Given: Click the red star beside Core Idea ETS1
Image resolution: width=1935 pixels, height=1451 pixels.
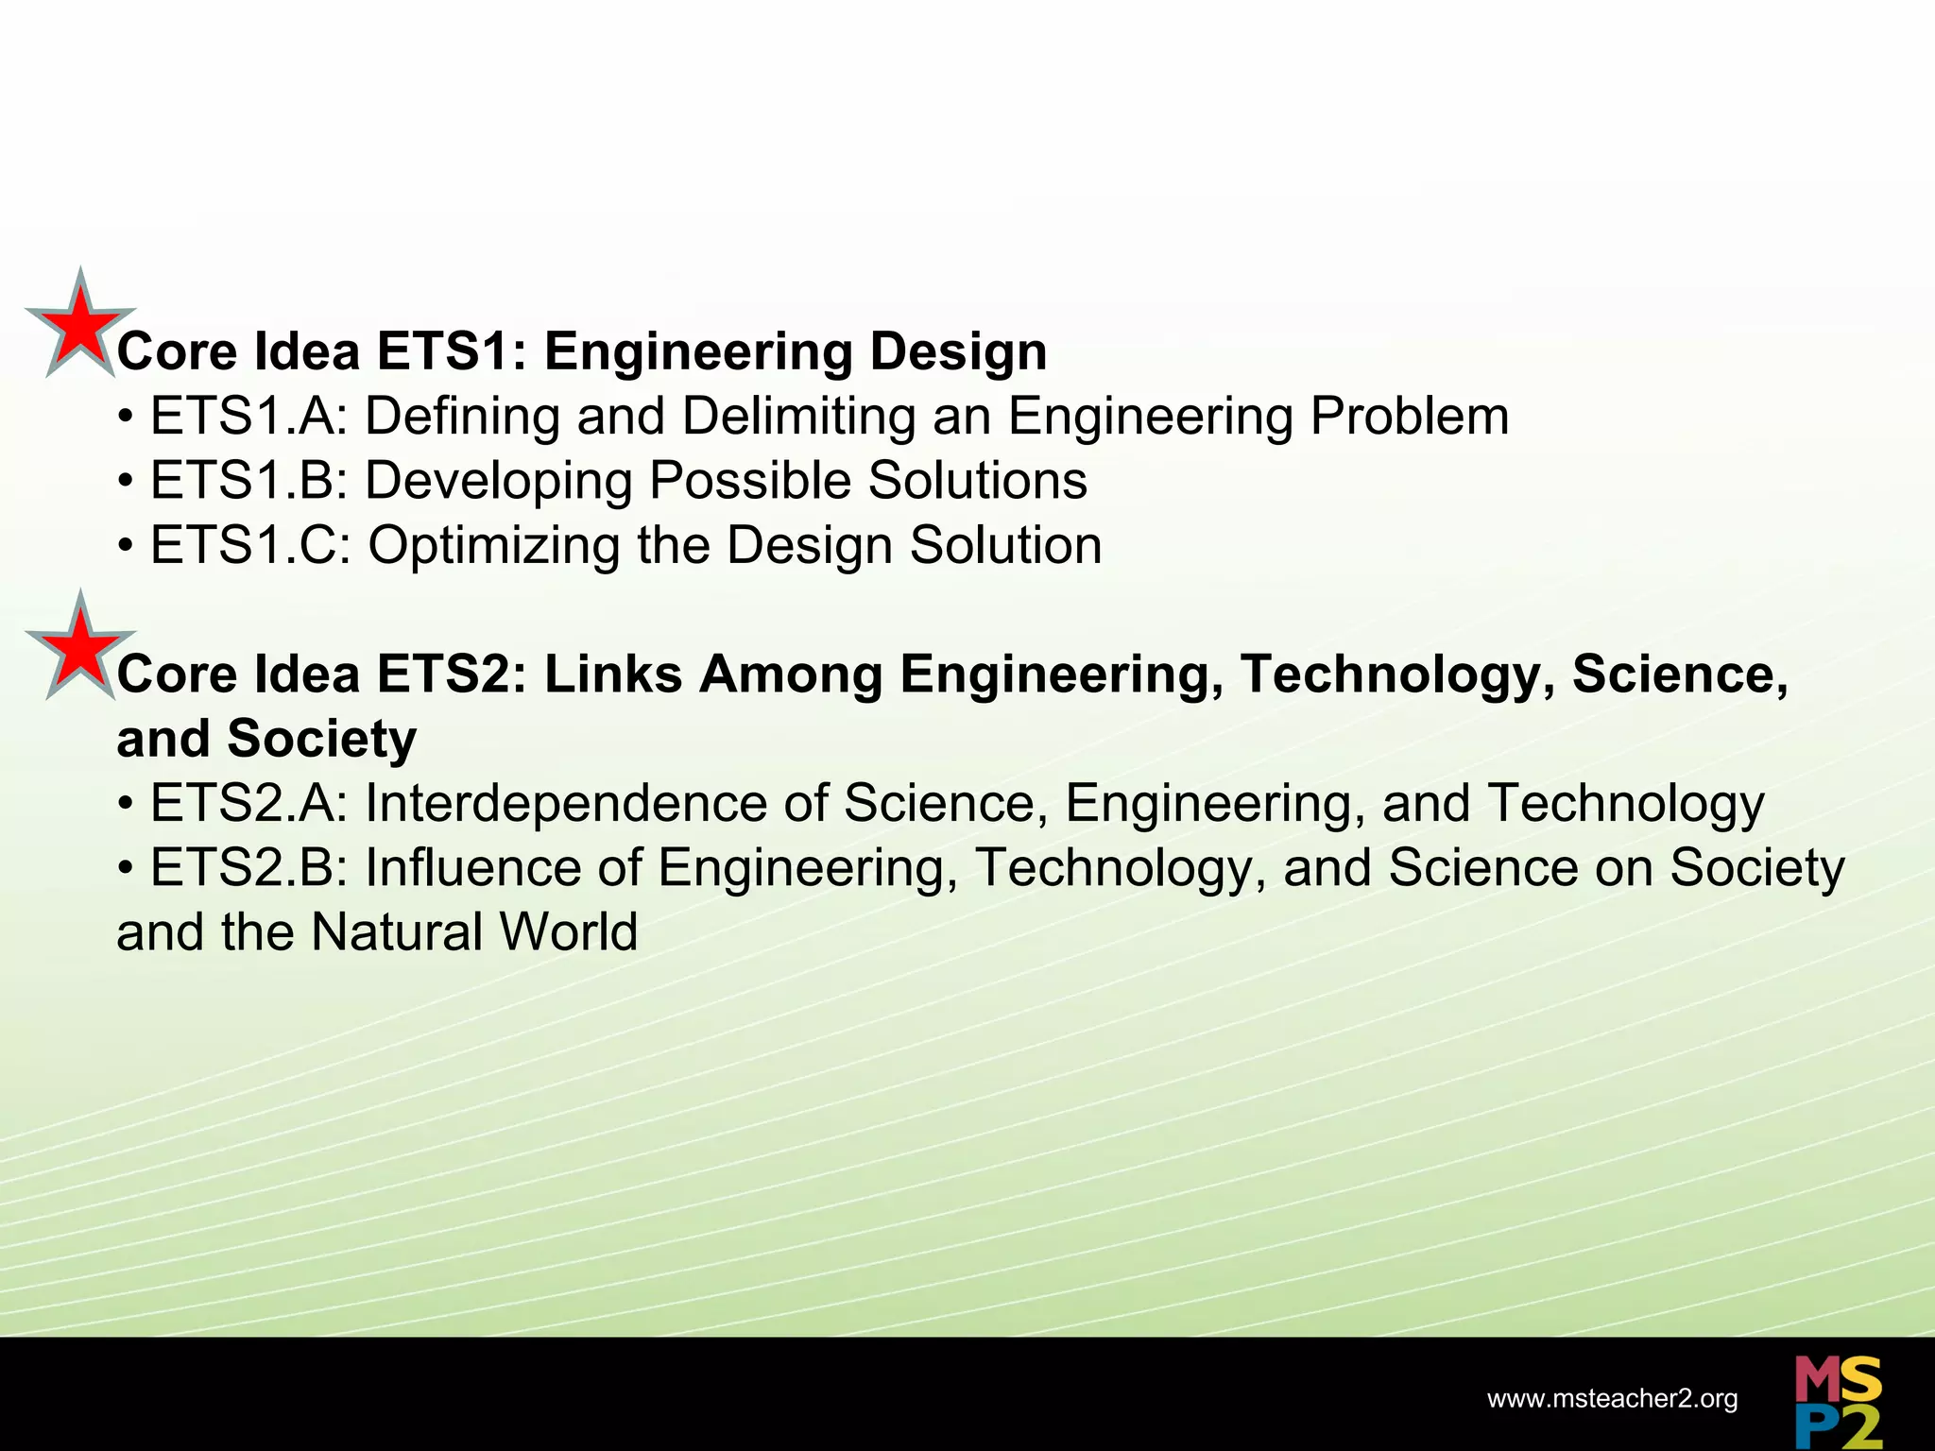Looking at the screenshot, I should click(x=80, y=325).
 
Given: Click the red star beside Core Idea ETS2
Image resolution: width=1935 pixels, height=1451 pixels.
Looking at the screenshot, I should click(x=80, y=647).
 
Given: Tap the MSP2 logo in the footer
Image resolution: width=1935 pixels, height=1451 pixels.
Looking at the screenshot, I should click(x=1838, y=1401).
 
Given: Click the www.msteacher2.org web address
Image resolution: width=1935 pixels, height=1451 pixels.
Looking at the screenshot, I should click(x=1612, y=1399).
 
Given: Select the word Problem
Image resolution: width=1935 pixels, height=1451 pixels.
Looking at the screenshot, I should click(x=1409, y=417).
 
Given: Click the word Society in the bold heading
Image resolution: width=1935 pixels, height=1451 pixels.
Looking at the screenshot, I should click(x=321, y=739).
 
